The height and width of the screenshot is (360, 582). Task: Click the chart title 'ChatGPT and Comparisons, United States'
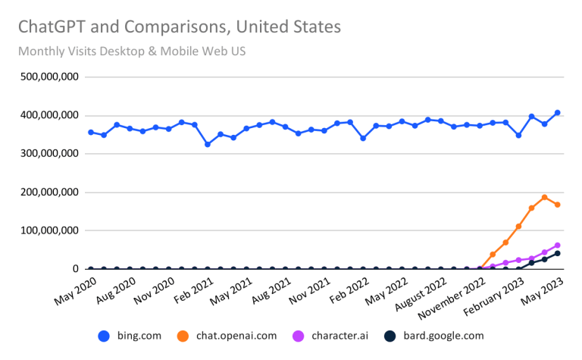(179, 28)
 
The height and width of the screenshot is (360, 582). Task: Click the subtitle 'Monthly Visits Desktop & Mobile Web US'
(132, 52)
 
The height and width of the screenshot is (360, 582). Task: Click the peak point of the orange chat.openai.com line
(544, 198)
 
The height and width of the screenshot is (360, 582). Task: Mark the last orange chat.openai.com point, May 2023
(557, 205)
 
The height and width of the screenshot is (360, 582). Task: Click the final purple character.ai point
(557, 246)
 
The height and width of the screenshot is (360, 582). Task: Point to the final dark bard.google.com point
(557, 253)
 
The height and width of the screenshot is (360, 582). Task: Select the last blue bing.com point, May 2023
(557, 113)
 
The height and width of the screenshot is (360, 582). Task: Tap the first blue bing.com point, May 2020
(91, 133)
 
